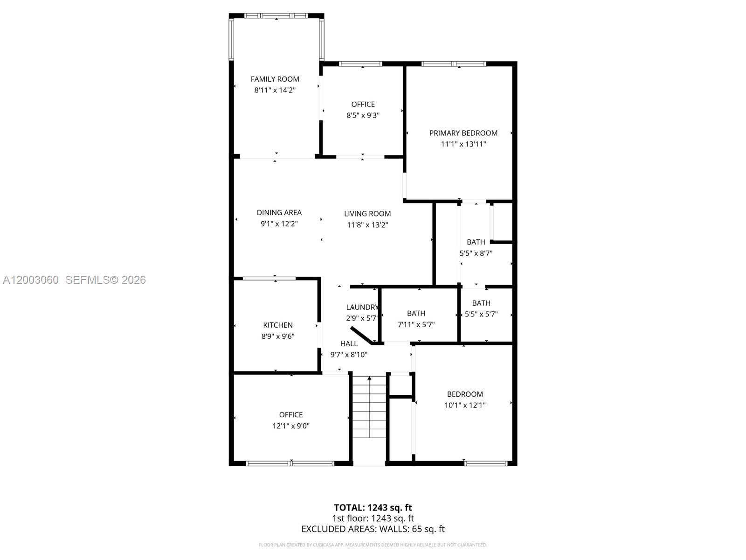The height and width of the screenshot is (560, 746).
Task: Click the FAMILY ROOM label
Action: pos(275,79)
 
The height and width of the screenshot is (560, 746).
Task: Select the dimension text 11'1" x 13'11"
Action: pos(463,144)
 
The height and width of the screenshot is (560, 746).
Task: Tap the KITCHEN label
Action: pos(278,325)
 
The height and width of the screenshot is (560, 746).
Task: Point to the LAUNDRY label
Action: pos(362,307)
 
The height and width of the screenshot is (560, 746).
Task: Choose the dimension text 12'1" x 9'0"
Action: pos(291,426)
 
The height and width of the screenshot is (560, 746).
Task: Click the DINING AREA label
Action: pos(279,213)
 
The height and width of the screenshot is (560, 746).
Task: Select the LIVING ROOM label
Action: pos(367,214)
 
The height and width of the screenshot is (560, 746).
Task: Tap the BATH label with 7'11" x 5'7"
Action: pos(416,314)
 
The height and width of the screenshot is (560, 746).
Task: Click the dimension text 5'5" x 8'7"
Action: pos(476,253)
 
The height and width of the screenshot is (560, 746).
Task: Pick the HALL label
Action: pos(349,344)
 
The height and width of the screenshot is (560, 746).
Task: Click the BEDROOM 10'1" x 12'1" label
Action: pos(465,394)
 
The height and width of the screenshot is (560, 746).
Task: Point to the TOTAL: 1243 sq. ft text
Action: pos(373,508)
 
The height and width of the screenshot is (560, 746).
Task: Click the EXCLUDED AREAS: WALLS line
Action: pos(373,529)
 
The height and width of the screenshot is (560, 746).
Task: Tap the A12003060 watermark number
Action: pos(31,280)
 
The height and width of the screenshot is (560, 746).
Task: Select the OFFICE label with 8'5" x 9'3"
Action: pos(363,105)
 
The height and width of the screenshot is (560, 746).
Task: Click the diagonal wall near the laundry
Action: pos(361,336)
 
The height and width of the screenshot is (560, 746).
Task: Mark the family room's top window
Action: pos(276,16)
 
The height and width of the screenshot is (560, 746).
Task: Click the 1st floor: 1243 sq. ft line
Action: pos(373,518)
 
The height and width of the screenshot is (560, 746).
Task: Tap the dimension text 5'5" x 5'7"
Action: pos(481,315)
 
